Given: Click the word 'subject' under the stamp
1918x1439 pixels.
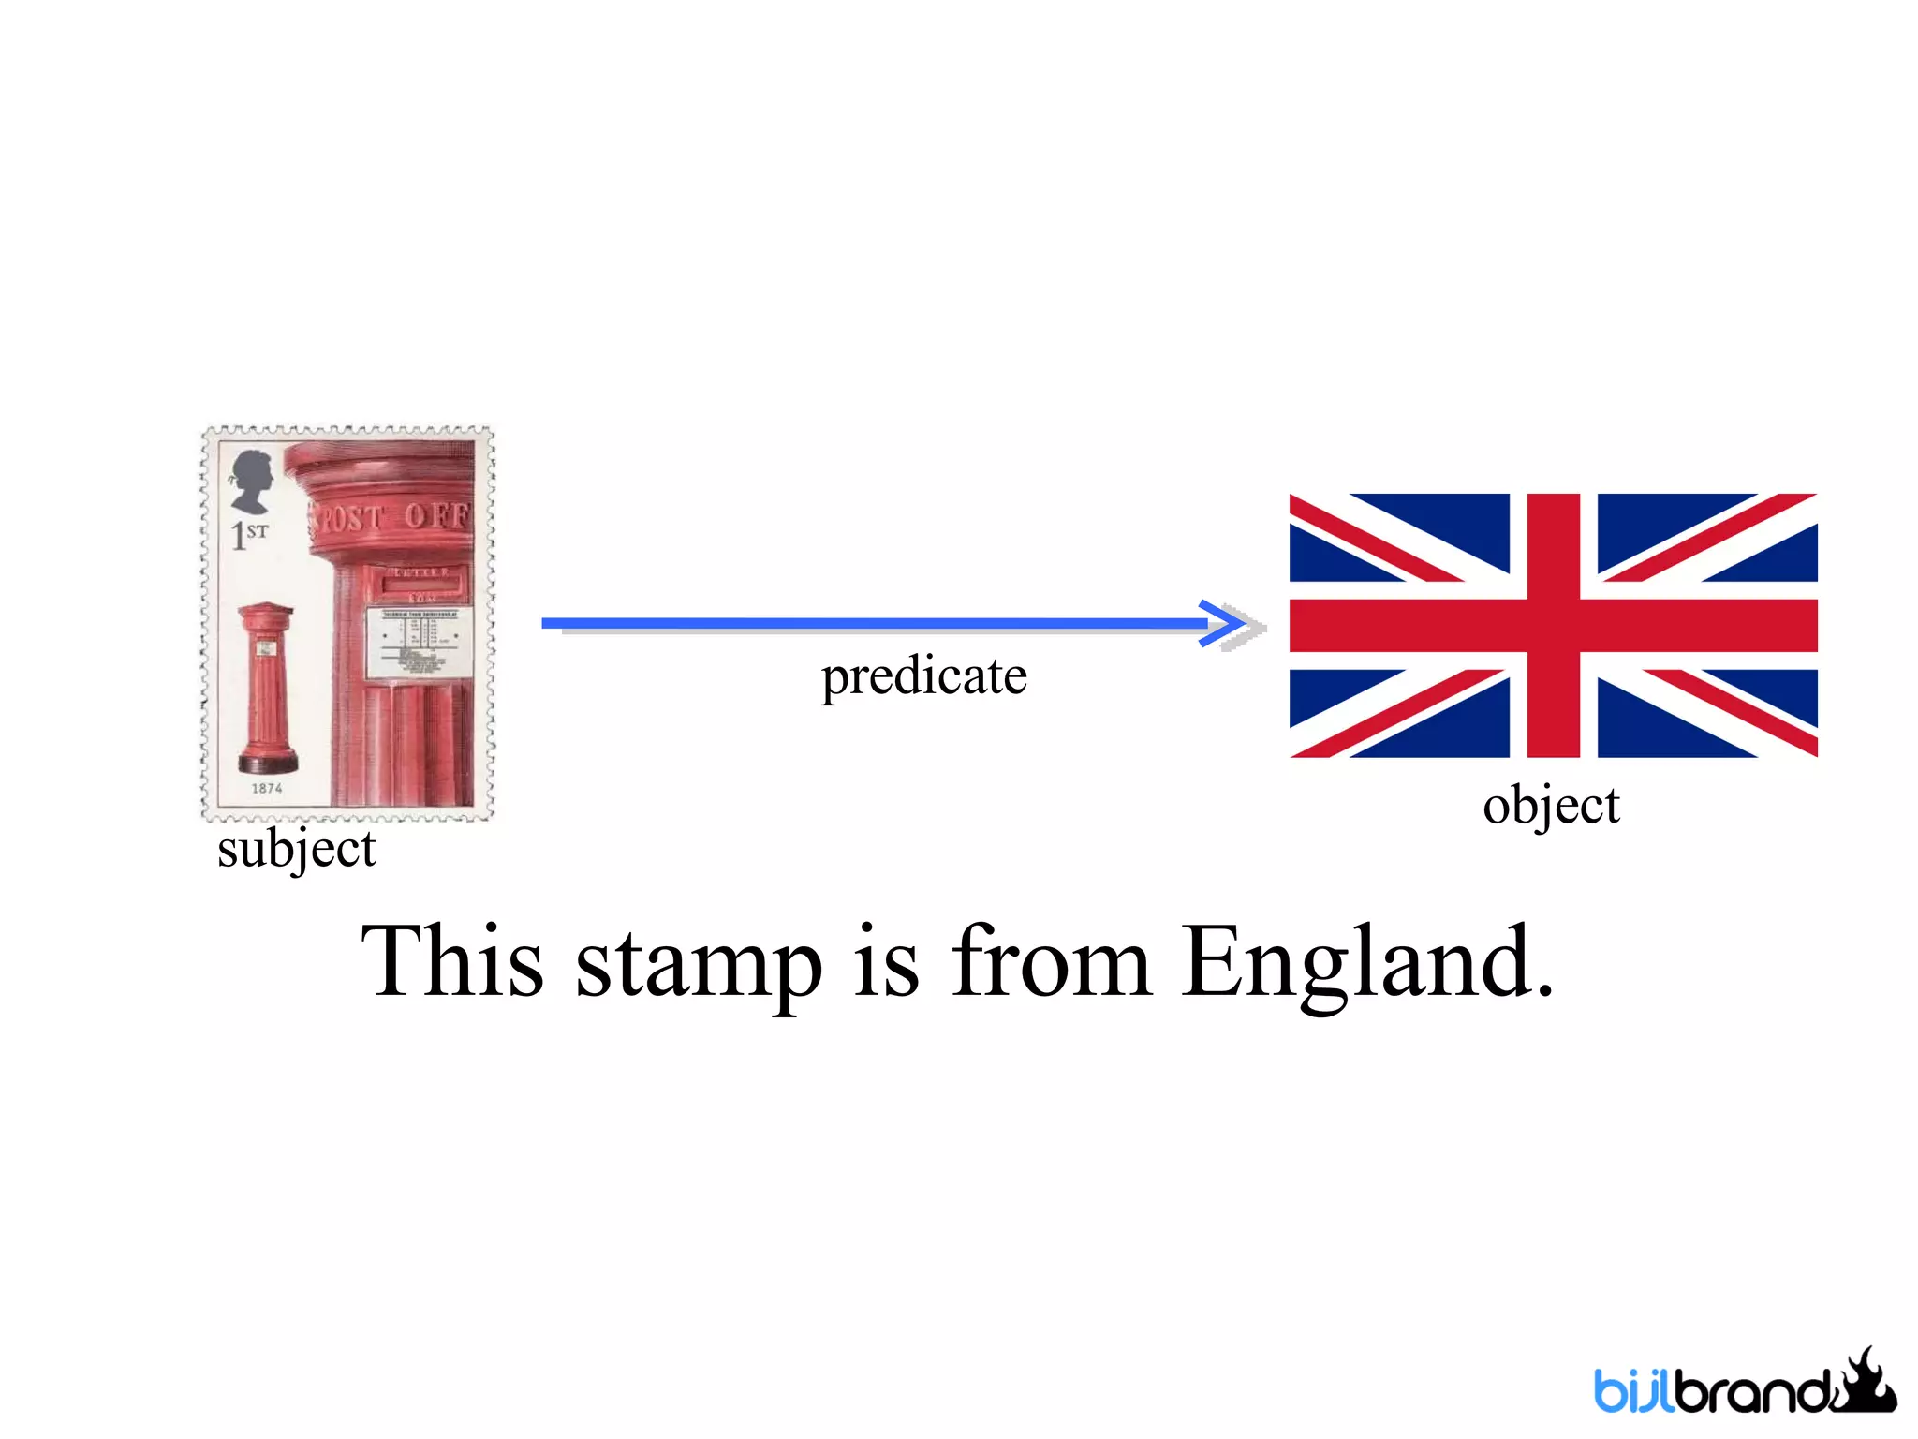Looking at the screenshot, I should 296,849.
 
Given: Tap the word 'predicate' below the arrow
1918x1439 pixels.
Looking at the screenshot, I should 923,676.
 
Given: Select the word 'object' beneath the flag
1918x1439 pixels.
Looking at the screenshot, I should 1551,806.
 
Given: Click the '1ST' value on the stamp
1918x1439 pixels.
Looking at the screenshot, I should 249,535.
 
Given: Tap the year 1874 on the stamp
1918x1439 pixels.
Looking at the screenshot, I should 267,788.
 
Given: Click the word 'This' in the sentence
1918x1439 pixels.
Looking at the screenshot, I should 452,962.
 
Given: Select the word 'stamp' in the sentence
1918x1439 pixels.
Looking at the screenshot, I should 699,965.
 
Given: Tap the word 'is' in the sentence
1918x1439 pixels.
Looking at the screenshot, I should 886,962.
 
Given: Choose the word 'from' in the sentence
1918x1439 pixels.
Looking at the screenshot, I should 1051,962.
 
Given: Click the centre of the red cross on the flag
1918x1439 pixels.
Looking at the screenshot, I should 1553,625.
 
